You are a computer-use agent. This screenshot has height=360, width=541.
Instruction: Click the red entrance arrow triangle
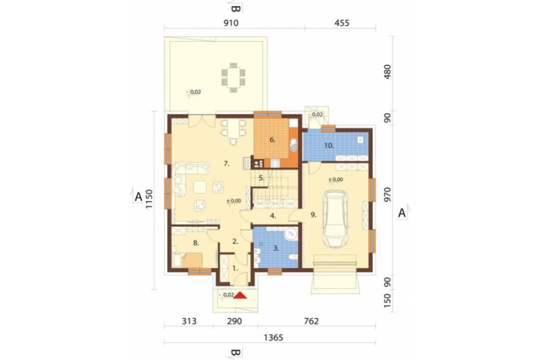click(240, 295)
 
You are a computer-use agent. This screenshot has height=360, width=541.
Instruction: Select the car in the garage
click(335, 220)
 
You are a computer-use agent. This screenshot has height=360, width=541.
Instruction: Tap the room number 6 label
click(273, 140)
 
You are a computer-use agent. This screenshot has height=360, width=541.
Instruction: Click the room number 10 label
click(329, 145)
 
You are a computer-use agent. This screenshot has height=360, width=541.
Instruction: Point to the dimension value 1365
click(274, 338)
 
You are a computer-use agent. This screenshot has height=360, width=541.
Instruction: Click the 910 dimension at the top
click(231, 23)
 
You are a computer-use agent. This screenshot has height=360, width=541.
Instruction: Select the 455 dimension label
click(342, 23)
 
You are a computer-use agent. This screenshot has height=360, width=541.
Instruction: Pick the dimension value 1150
click(149, 199)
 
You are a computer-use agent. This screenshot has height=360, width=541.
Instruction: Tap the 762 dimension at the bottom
click(311, 322)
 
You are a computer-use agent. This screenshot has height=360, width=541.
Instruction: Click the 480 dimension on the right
click(388, 72)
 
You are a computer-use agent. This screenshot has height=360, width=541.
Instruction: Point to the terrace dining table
click(233, 78)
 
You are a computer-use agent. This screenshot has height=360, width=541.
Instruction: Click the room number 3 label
click(276, 248)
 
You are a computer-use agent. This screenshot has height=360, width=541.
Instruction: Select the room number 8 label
click(196, 243)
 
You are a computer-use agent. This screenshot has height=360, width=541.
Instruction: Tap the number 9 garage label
click(313, 215)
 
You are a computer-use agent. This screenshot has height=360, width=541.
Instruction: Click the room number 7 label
click(226, 164)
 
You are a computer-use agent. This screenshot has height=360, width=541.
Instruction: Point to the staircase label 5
click(261, 178)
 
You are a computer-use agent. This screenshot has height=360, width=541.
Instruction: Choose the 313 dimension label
click(189, 322)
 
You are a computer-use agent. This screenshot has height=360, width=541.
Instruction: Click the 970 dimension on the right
click(388, 195)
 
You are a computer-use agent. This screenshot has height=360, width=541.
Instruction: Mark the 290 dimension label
click(234, 322)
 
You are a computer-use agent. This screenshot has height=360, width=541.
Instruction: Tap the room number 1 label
click(235, 268)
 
